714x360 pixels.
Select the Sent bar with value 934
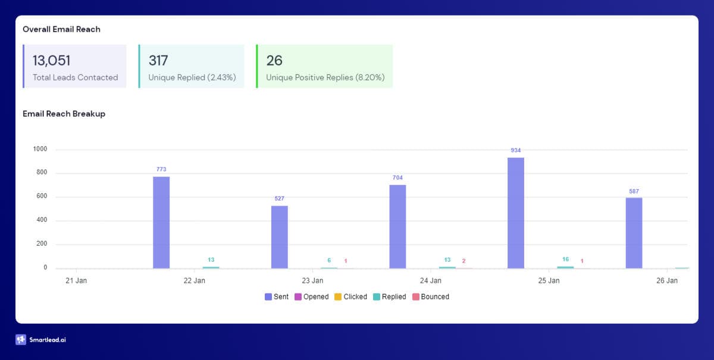[x=516, y=212]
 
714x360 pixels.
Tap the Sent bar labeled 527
[x=279, y=237]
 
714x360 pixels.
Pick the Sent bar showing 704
[x=397, y=226]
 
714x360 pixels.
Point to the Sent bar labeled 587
[x=634, y=233]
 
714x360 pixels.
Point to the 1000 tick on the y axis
[x=40, y=149]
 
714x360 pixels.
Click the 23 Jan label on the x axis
[x=312, y=280]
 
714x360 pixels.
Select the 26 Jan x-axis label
[x=667, y=280]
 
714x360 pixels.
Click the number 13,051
[x=52, y=60]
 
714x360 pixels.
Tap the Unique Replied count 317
[x=158, y=60]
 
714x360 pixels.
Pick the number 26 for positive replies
[x=274, y=60]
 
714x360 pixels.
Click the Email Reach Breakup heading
[x=64, y=114]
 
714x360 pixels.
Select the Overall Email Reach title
[x=61, y=29]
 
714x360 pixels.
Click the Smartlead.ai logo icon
[x=21, y=340]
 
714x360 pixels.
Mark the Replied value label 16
[x=565, y=259]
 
